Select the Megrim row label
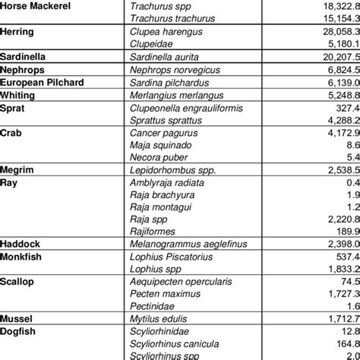pyautogui.click(x=17, y=172)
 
